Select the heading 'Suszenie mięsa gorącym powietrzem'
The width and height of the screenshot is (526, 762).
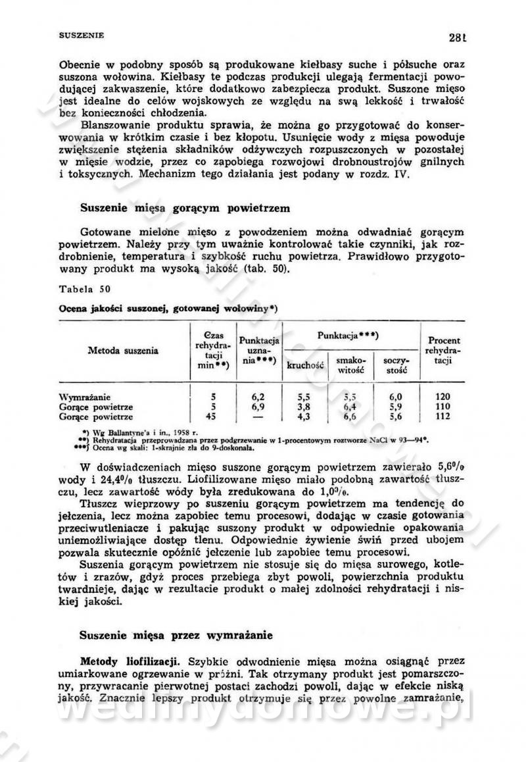[185, 208]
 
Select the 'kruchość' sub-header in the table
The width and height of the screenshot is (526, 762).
[303, 367]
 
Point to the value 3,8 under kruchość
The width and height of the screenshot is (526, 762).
[303, 407]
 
